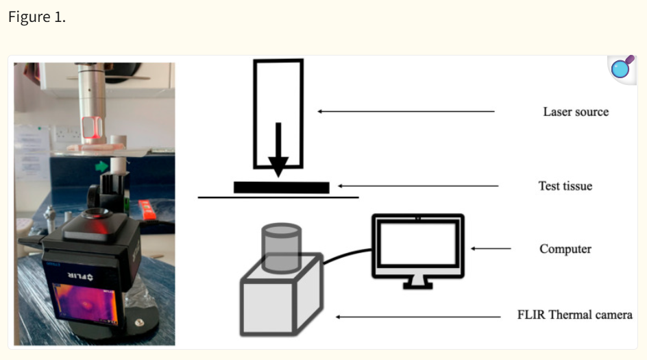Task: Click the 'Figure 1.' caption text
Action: click(x=37, y=17)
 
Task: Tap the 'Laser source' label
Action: click(x=576, y=112)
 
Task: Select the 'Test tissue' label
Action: click(x=565, y=186)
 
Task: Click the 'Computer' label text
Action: click(x=565, y=248)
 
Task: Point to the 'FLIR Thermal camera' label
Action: click(x=575, y=315)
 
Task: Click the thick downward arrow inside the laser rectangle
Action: click(x=278, y=149)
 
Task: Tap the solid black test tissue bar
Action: click(x=282, y=187)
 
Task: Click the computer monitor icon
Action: click(x=418, y=250)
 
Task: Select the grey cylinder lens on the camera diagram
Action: click(x=282, y=248)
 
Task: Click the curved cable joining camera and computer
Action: click(x=347, y=254)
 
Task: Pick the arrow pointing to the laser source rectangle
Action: click(x=406, y=111)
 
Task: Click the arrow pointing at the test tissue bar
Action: click(x=418, y=186)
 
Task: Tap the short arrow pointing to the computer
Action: click(x=491, y=248)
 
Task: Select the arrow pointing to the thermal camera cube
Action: click(x=418, y=317)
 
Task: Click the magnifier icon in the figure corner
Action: click(x=622, y=68)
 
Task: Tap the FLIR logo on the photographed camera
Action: click(x=80, y=276)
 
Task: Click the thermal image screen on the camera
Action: click(x=86, y=304)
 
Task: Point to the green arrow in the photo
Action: click(x=101, y=167)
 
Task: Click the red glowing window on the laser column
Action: click(x=92, y=128)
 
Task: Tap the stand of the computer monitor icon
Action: click(x=418, y=283)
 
